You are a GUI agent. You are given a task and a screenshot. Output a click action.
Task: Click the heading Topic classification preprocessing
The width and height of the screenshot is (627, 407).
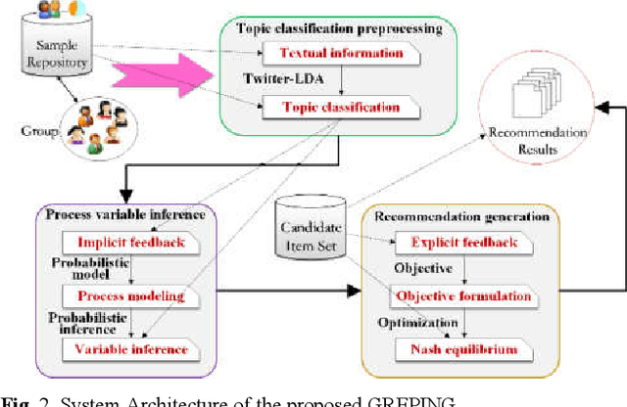339,28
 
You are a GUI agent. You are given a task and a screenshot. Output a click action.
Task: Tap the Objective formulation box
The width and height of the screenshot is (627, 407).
462,294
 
